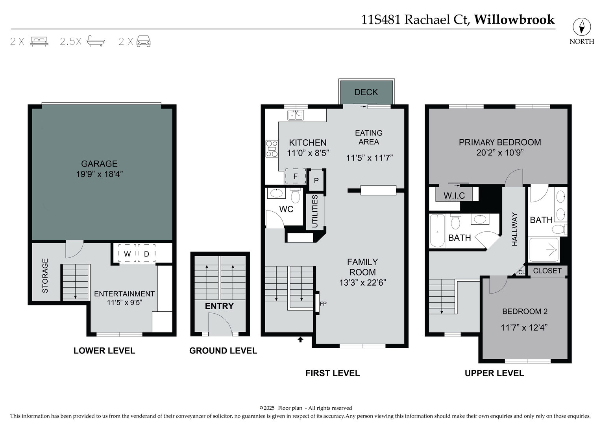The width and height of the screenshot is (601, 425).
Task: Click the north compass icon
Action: coord(581,27)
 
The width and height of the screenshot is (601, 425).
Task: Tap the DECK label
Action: coord(366,92)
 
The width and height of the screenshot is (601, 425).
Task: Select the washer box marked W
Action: coord(127,254)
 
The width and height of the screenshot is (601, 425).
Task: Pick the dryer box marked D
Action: coord(146,254)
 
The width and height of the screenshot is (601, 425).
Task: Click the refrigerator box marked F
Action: coord(295,176)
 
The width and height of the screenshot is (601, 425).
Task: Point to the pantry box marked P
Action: coord(316,181)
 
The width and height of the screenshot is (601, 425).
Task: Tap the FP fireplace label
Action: coord(323,303)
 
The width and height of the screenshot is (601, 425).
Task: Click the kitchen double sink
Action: coord(296,115)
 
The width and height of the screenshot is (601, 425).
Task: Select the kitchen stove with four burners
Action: coord(272,149)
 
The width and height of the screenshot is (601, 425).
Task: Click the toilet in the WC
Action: coord(295,196)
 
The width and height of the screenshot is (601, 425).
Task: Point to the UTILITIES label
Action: coord(315,211)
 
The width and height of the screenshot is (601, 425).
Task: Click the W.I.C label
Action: coord(454,196)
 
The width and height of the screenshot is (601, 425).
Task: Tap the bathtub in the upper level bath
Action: coord(437,231)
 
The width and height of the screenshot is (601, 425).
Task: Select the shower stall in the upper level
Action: coord(544,249)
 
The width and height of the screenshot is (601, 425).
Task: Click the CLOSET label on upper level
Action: coord(547,271)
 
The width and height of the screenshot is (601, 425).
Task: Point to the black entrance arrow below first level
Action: coord(300,339)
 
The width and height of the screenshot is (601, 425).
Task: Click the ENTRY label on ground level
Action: coord(219,306)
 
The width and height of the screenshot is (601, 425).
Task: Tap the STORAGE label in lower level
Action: coord(45,275)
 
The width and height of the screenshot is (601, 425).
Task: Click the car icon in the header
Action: coord(143,41)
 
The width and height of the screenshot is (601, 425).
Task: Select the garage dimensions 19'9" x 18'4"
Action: coord(100,174)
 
